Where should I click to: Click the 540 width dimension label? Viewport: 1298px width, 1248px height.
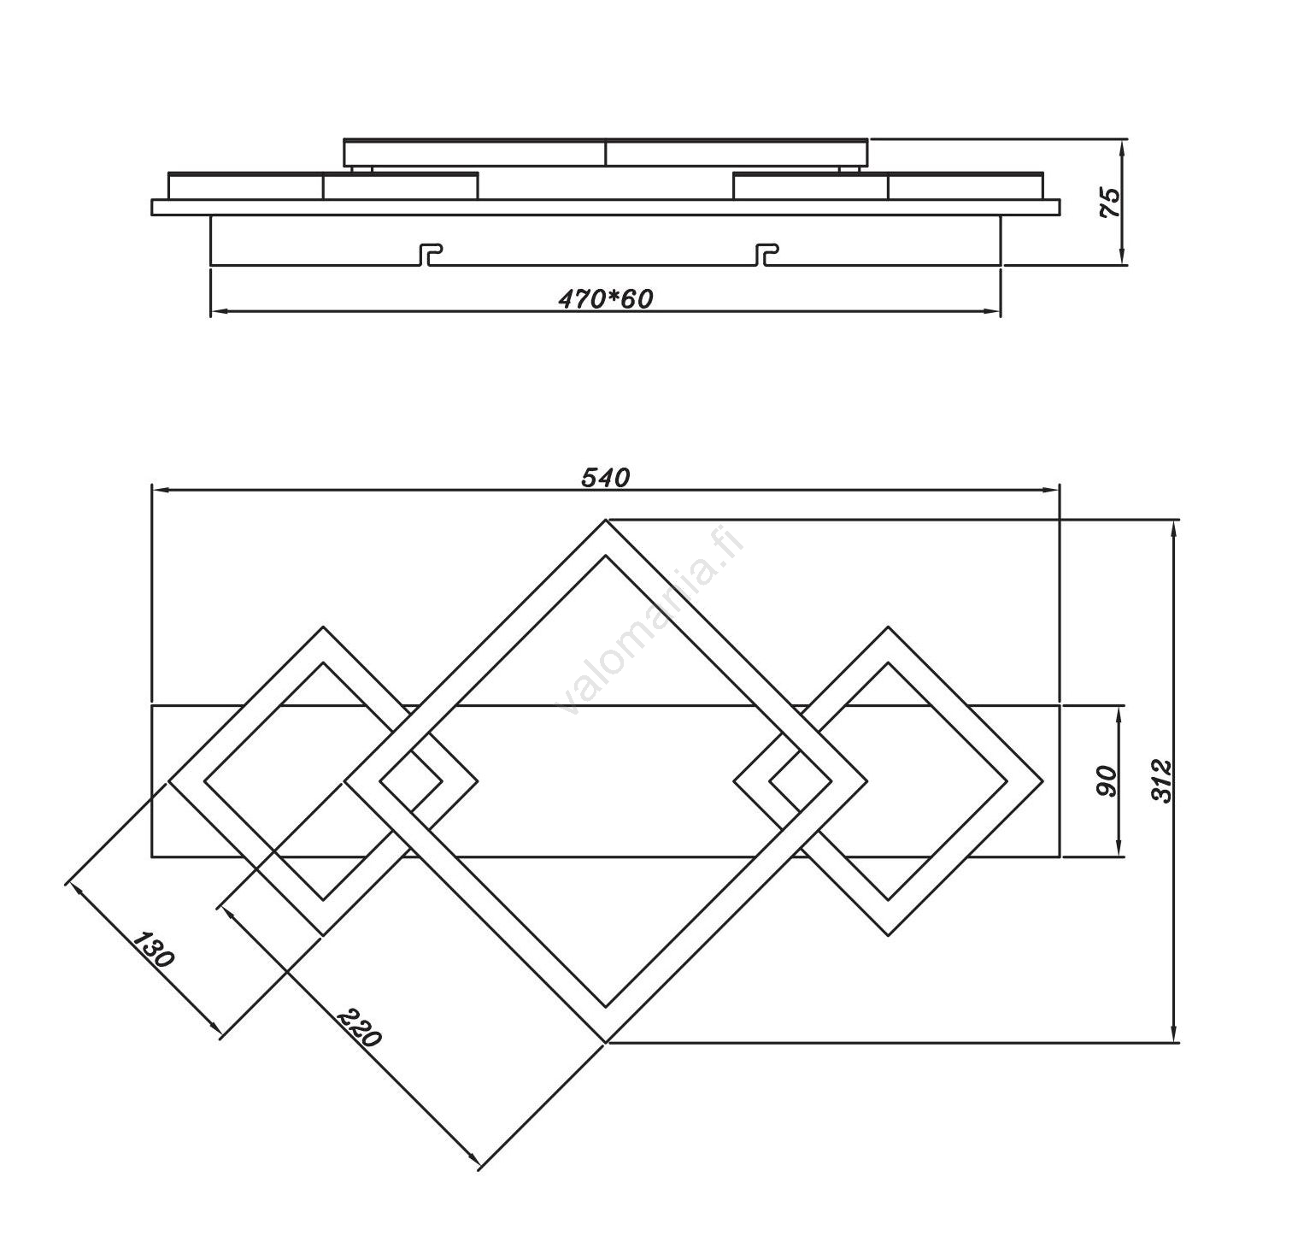click(x=605, y=478)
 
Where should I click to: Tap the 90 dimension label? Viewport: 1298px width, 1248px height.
click(x=1107, y=780)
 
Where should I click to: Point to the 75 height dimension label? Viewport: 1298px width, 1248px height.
click(x=1109, y=202)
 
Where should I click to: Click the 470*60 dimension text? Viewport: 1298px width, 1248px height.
click(x=605, y=298)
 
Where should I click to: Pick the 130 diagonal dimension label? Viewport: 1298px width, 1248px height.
click(x=154, y=949)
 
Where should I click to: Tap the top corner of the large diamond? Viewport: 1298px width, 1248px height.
click(x=606, y=521)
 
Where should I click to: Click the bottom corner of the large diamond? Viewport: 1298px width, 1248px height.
click(x=606, y=1042)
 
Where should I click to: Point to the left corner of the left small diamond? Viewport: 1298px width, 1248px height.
click(x=169, y=780)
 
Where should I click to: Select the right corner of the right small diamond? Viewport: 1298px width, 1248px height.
click(x=1043, y=780)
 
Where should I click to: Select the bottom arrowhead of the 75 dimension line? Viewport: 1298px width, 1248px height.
click(x=1122, y=258)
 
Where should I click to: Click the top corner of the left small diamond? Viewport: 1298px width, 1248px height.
click(x=323, y=627)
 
